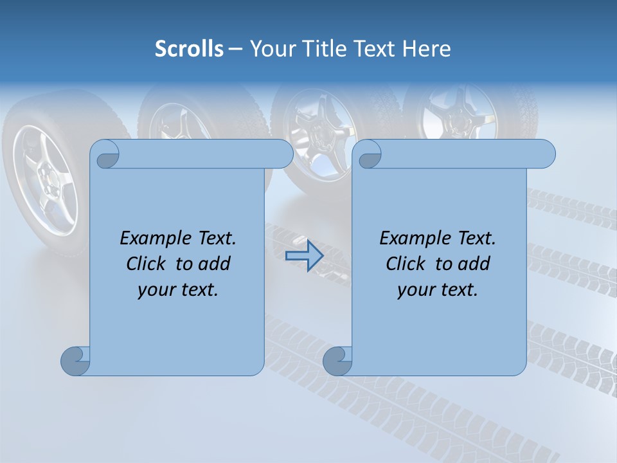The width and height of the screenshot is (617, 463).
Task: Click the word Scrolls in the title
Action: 189,49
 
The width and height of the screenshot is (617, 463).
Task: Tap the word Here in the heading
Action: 427,49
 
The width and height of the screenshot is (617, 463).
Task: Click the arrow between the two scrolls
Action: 304,255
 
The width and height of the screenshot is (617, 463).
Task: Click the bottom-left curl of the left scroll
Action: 75,361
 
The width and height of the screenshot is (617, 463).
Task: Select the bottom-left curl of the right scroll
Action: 337,361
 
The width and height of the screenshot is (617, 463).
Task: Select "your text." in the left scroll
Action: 178,290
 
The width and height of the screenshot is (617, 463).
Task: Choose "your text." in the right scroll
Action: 438,290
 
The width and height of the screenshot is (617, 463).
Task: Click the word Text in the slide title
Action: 374,49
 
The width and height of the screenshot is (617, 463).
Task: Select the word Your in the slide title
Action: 271,49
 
